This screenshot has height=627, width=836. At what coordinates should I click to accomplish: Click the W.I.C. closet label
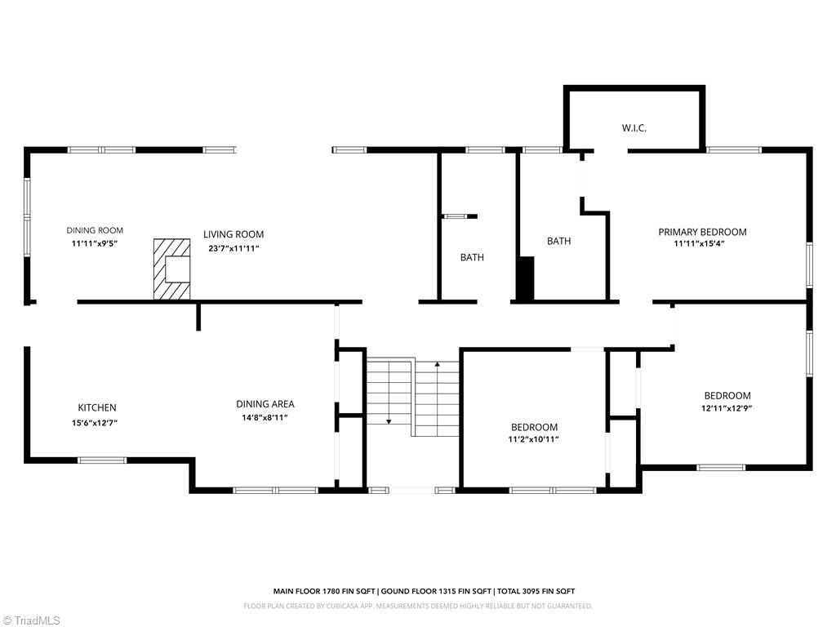point(634,127)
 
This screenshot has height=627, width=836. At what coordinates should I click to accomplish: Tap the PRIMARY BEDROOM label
point(702,232)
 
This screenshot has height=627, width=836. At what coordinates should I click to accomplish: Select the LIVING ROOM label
point(233,234)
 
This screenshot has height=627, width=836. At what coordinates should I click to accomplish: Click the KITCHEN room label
point(97,407)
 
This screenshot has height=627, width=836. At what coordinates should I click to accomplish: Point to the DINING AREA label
point(265,404)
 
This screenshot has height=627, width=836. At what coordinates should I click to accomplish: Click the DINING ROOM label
point(95,230)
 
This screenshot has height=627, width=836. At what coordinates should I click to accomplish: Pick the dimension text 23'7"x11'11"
point(233,247)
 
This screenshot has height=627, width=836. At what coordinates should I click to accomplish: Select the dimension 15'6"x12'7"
point(97,422)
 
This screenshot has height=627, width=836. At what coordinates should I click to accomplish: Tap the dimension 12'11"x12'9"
point(727,409)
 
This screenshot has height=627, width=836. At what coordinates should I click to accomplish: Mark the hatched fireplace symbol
point(173,269)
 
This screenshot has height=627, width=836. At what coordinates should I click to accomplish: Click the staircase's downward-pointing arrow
point(389,420)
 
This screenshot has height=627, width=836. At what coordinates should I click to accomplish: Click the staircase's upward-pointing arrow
point(437,364)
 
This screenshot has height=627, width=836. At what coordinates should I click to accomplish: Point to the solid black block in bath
point(526,278)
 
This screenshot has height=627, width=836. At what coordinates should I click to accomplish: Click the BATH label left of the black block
point(558,241)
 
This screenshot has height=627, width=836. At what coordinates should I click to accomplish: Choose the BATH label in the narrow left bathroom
point(472,257)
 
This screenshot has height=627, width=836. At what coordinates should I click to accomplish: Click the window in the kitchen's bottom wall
point(102,460)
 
